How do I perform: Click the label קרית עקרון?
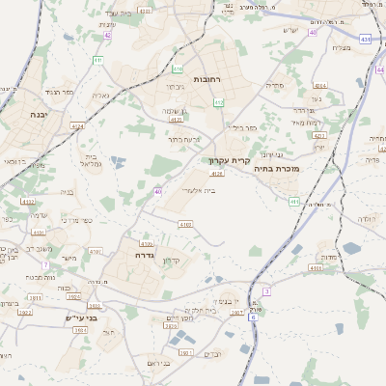[229, 161]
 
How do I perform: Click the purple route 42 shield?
[108, 36]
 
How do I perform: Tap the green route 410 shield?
[178, 69]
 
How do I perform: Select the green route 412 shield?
[219, 102]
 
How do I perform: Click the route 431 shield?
[365, 40]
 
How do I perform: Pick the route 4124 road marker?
[77, 125]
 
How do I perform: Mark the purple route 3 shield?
[265, 291]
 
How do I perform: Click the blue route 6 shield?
[253, 317]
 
